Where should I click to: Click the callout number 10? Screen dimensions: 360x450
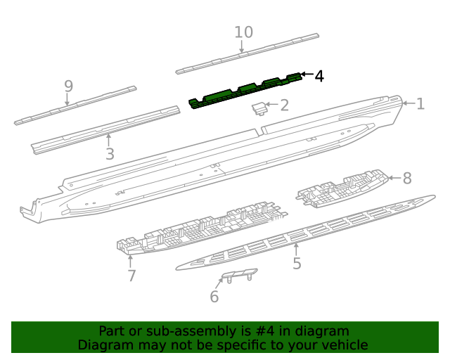(243, 32)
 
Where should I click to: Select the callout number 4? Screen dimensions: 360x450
(319, 76)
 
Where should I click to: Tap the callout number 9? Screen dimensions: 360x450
(68, 86)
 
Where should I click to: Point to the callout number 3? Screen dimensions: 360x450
(109, 154)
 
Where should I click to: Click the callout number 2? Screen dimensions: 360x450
(284, 106)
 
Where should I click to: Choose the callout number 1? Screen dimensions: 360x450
(420, 104)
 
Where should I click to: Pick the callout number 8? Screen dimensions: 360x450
(406, 178)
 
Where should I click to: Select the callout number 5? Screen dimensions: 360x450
(297, 264)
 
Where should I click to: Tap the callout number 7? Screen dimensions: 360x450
(131, 276)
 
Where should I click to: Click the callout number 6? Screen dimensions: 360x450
(214, 297)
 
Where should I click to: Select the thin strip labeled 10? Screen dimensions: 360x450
(246, 53)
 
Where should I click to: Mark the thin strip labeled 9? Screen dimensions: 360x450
(74, 105)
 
